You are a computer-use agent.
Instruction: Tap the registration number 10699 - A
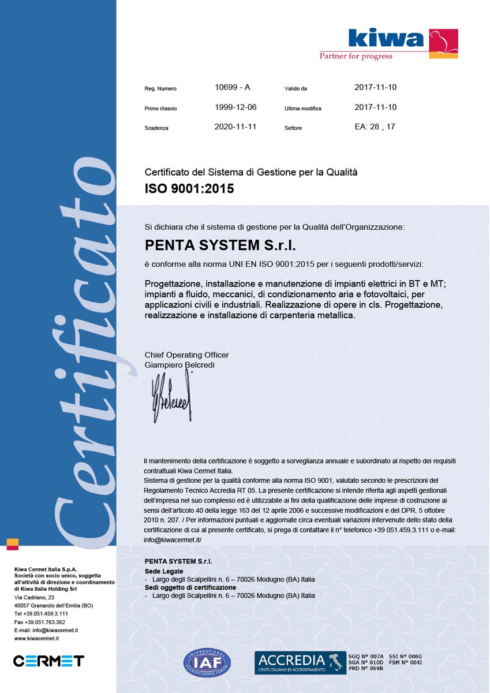pos(232,88)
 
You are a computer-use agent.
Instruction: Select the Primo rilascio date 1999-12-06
pos(235,107)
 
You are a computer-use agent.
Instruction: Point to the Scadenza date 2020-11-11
pos(235,126)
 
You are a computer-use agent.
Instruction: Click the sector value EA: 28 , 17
pos(375,126)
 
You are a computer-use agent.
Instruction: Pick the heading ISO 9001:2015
pos(189,188)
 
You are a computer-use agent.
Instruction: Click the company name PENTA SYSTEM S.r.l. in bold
pos(220,245)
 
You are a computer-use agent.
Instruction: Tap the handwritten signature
pos(171,397)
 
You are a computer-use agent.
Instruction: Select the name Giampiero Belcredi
pos(179,365)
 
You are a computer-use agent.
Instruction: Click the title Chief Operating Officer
pos(186,355)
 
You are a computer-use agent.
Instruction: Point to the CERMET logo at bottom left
pos(48,661)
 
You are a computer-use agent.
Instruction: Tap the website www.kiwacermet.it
pos(36,639)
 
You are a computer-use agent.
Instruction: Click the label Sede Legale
pos(163,571)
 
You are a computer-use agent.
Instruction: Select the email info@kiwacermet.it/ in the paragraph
pos(173,539)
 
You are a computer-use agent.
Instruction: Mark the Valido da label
pos(296,89)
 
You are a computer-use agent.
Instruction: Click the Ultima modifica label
pos(302,109)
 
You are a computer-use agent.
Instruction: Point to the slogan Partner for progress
pos(356,57)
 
